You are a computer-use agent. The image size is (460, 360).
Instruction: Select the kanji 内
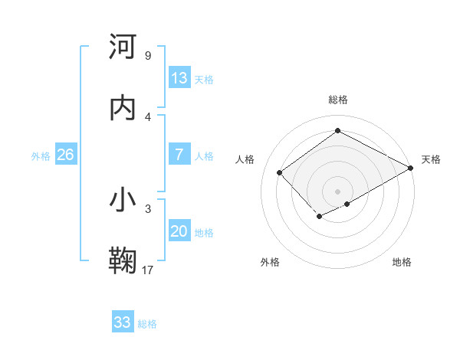123,108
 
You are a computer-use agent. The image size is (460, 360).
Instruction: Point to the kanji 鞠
123,260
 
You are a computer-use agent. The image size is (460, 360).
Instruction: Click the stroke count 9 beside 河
147,56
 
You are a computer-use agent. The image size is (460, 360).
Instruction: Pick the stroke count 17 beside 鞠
148,270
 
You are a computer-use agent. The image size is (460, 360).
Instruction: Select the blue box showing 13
179,78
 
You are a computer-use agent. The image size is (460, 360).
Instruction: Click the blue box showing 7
179,155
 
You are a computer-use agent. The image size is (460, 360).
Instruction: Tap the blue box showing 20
179,231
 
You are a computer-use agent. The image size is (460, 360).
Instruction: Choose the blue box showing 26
66,155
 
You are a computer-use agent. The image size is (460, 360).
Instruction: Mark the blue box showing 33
123,322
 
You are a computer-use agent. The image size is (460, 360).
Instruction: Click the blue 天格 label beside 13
204,79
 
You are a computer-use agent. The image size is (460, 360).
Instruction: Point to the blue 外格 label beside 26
41,155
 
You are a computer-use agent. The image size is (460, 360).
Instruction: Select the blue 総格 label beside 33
147,323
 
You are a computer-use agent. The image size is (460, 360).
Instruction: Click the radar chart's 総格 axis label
337,100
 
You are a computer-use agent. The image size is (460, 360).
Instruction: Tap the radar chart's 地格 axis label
402,262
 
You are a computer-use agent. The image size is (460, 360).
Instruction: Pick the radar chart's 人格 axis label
245,159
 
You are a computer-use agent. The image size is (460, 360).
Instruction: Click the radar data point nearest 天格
411,169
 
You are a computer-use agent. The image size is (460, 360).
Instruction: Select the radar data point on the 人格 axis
280,172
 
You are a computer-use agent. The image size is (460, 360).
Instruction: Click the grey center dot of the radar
337,191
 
